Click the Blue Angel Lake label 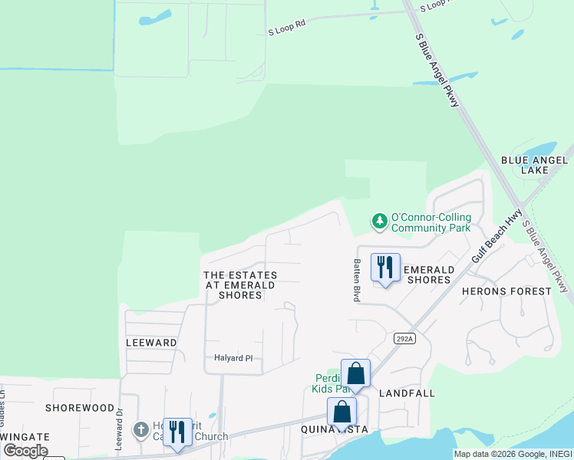coord(534,166)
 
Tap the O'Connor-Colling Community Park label coord(430,222)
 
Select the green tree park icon coord(379,222)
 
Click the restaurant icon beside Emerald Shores coord(385,268)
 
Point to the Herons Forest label coord(506,291)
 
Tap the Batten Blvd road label coord(357,279)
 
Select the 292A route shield coord(404,338)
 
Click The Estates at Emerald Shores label coord(240,284)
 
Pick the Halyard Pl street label coord(233,358)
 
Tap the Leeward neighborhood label coord(151,343)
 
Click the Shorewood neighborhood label coord(80,408)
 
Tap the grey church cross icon coord(140,429)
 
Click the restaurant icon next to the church coord(177,431)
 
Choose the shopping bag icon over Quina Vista coord(341,412)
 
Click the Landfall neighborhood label coord(407,393)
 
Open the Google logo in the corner coord(25,451)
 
